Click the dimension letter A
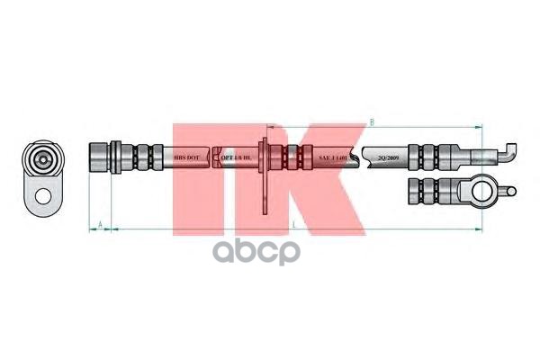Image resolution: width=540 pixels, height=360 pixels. (99, 221)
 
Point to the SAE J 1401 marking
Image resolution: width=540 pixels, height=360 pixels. (330, 157)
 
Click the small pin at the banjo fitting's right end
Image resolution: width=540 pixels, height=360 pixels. (510, 190)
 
